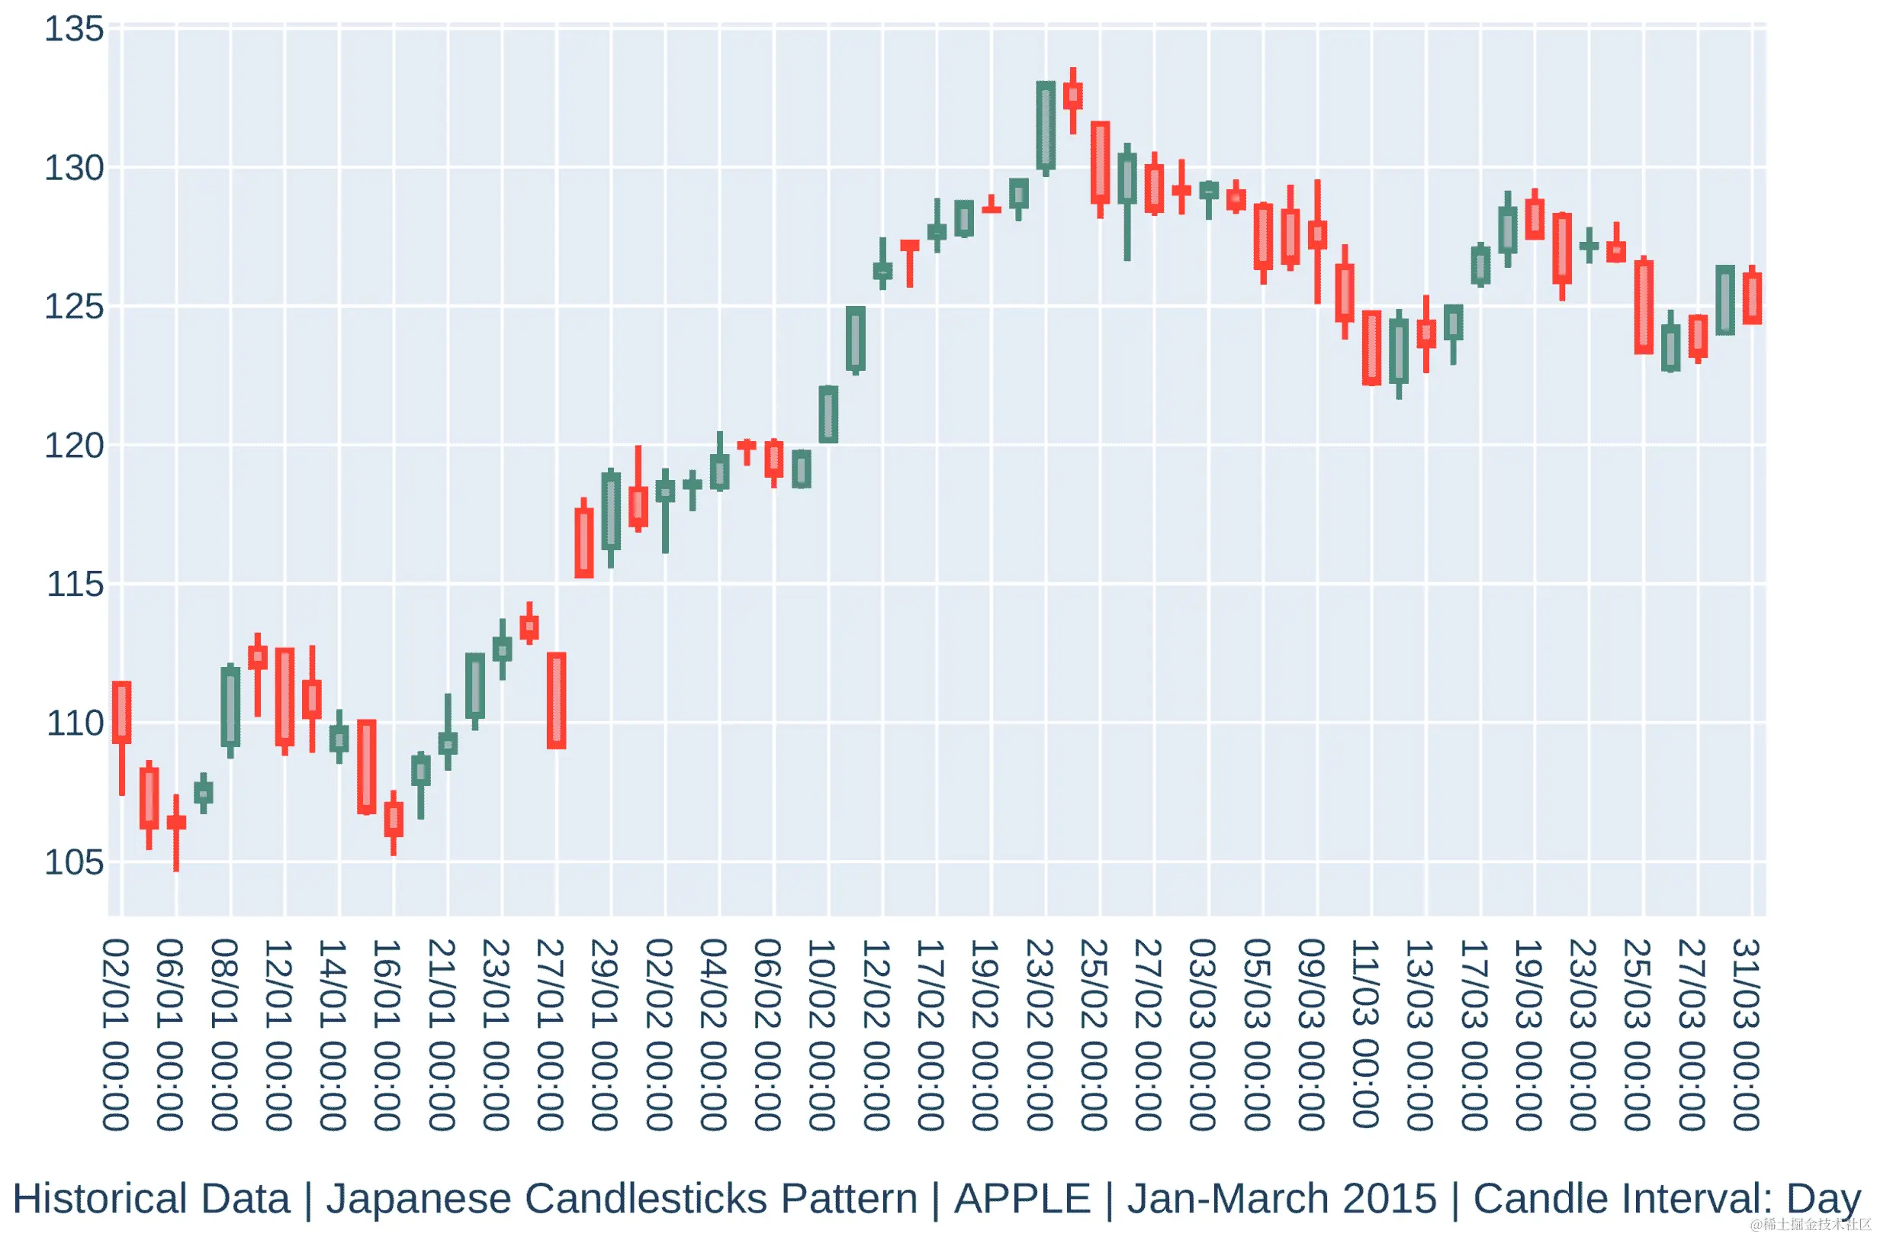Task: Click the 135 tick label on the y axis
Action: (74, 30)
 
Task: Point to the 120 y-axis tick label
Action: (74, 446)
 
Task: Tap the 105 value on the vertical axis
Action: (74, 863)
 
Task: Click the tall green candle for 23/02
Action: (1046, 126)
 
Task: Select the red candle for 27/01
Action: (557, 701)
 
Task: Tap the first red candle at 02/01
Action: (121, 713)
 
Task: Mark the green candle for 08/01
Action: (230, 706)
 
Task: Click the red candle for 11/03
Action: (1371, 348)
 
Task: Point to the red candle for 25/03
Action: (1644, 307)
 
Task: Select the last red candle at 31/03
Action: (1753, 298)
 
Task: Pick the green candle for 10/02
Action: (828, 414)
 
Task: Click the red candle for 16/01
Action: (394, 820)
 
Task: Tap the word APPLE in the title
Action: (1022, 1199)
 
